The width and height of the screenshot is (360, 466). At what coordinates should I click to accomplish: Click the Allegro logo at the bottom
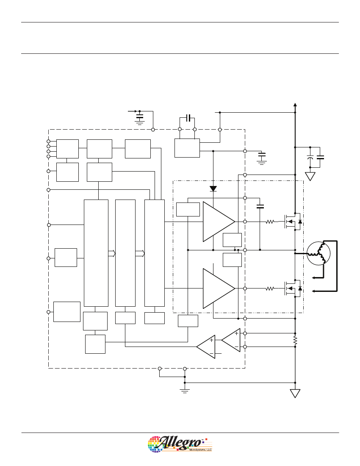tap(180, 444)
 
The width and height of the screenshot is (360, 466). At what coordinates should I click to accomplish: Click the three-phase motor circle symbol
tap(318, 253)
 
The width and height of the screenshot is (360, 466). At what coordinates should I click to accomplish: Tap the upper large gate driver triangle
tap(219, 222)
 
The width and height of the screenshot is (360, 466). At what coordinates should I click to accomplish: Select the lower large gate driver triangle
tap(219, 288)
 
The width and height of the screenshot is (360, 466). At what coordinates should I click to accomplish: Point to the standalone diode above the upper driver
tap(213, 189)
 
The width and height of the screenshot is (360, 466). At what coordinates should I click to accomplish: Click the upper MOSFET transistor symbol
tap(293, 222)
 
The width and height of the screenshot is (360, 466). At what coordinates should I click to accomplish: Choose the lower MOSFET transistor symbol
tap(293, 288)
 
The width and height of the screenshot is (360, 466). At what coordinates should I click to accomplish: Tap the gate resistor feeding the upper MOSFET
tap(270, 222)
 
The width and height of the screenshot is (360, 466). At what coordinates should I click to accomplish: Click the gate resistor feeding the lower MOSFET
tap(270, 288)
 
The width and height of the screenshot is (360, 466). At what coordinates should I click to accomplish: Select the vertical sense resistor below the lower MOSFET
tap(295, 341)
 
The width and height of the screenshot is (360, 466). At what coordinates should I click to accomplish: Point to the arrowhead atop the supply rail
tap(295, 105)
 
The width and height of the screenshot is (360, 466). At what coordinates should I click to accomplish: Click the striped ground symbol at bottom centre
tap(185, 391)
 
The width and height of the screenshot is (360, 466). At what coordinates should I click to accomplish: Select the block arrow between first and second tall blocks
tap(112, 253)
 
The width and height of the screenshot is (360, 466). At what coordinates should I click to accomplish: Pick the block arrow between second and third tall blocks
tap(140, 253)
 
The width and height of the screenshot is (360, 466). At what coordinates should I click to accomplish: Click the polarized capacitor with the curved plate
tap(310, 157)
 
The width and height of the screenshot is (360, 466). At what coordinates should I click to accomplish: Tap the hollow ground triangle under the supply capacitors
tap(310, 177)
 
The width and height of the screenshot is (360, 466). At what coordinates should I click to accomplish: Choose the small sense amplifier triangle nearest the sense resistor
tap(231, 340)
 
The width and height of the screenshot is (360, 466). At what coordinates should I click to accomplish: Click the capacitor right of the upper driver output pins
tap(260, 206)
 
